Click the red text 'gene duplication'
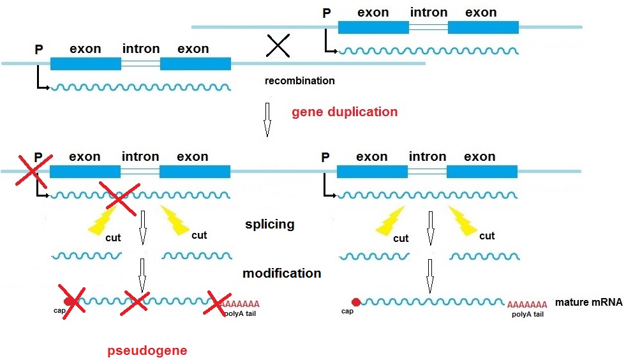point(345,112)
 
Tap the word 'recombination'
point(299,81)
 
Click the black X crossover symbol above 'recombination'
point(278,45)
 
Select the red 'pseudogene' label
point(147,350)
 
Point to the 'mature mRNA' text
point(588,302)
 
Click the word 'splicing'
point(269,225)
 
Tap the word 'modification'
point(281,273)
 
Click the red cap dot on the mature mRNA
point(356,302)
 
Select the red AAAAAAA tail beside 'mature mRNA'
point(526,304)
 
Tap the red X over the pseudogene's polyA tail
point(218,304)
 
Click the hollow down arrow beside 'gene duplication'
point(267,121)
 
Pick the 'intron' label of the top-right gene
point(428,13)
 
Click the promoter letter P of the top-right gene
point(327,13)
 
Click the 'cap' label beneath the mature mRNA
point(347,311)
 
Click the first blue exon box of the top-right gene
point(373,27)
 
